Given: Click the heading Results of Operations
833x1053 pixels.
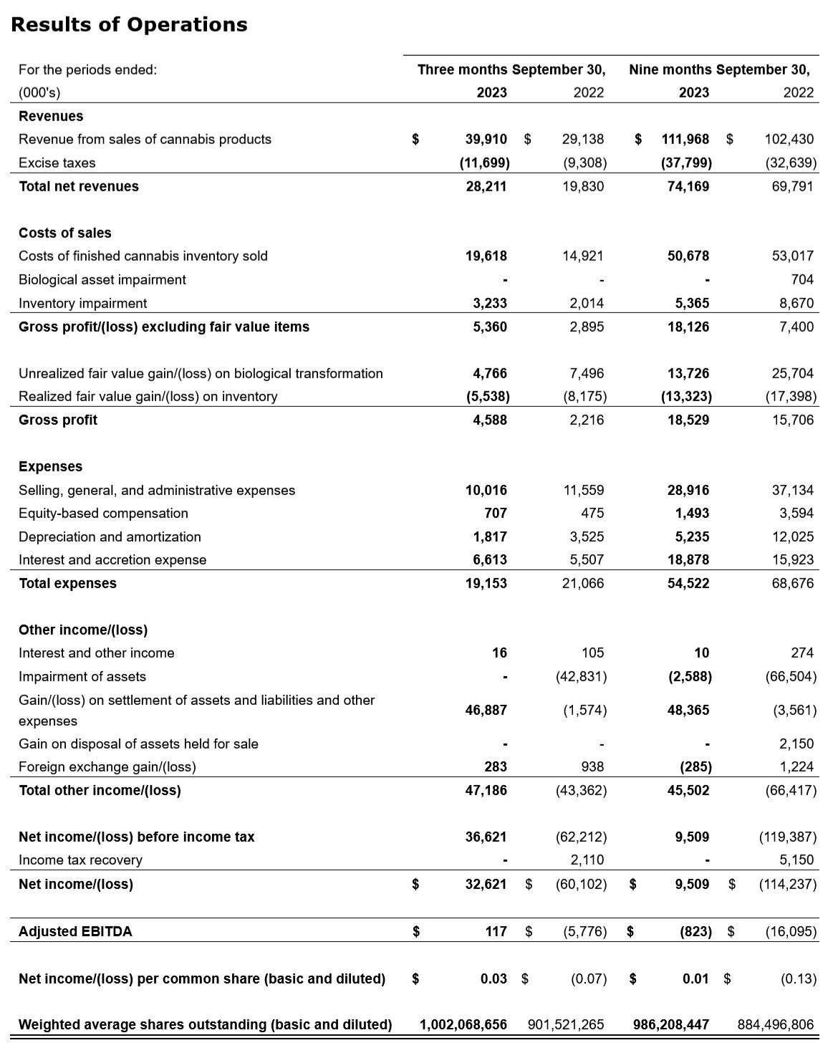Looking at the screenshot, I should point(130,25).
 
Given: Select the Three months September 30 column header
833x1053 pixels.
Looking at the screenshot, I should point(511,69).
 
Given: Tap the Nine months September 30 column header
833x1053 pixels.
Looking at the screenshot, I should point(719,69).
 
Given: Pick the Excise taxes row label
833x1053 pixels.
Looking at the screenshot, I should point(57,163).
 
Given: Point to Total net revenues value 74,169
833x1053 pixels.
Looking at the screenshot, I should point(688,186).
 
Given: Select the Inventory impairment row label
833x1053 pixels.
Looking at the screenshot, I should point(83,303).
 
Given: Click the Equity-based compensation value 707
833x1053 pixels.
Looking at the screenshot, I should point(495,513).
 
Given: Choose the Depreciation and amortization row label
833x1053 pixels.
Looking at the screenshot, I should point(110,537).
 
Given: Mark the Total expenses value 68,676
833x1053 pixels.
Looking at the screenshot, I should point(792,583).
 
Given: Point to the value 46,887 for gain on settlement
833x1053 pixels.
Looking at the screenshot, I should point(486,710).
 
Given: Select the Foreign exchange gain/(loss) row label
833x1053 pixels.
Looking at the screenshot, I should point(107,766).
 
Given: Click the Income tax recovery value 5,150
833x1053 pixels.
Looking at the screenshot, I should point(796,860).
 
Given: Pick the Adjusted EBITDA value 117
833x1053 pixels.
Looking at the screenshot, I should point(495,931).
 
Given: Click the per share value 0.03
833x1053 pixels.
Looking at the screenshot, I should point(493,979).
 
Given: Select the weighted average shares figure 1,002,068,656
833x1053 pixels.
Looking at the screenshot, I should point(463,1024).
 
